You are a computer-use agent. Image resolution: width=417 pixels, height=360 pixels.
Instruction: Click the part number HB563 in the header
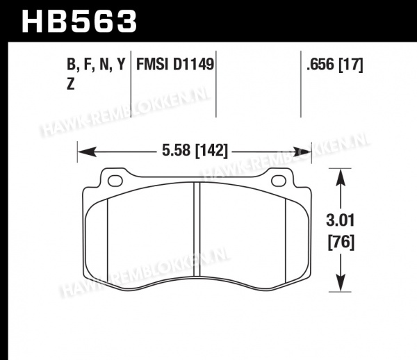[x=79, y=22]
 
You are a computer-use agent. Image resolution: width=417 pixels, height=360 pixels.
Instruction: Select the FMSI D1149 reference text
[x=175, y=65]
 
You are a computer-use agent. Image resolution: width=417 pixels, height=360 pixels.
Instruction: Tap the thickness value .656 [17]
[x=334, y=65]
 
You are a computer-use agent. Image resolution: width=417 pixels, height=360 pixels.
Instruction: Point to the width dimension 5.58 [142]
[x=195, y=151]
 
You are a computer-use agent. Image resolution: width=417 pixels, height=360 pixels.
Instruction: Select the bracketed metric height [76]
[x=341, y=243]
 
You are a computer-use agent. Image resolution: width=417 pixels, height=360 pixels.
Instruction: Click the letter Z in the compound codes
[x=70, y=84]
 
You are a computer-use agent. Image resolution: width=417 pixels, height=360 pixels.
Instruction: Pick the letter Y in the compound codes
[x=121, y=64]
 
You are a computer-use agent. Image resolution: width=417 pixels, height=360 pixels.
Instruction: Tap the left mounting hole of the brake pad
[x=115, y=181]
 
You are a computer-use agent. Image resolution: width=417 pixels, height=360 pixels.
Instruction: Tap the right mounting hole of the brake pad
[x=279, y=181]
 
